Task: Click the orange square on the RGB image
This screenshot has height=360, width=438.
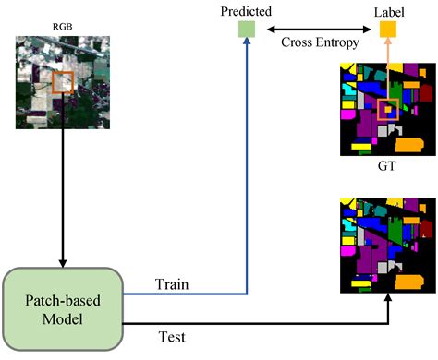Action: pyautogui.click(x=63, y=83)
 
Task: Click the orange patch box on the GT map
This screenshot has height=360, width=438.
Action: pyautogui.click(x=388, y=110)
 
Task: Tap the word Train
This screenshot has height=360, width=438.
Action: pyautogui.click(x=172, y=285)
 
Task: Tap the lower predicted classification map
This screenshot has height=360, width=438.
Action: pyautogui.click(x=389, y=245)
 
